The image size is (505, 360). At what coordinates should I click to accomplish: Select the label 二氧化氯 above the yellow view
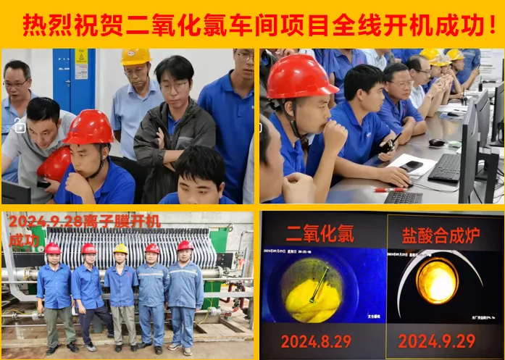click(320, 233)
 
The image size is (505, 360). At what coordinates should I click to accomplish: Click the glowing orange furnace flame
click(437, 280)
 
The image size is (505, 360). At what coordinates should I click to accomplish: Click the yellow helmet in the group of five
click(120, 248)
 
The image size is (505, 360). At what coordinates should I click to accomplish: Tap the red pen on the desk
click(389, 190)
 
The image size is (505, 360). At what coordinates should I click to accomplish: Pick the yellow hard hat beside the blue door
click(135, 56)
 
